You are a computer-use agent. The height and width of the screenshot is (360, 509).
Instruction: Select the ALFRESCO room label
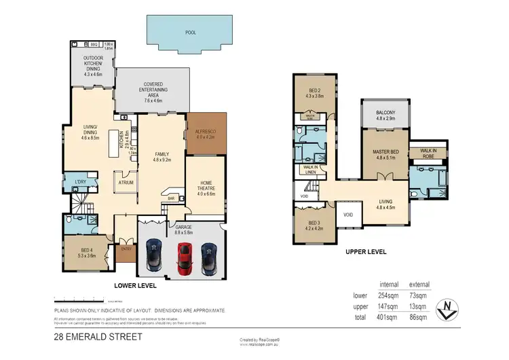click(x=205, y=134)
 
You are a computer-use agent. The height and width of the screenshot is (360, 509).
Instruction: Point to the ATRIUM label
click(x=126, y=182)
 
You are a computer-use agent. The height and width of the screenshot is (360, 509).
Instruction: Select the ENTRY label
click(x=126, y=249)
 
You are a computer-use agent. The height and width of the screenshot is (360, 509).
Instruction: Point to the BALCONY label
click(x=385, y=113)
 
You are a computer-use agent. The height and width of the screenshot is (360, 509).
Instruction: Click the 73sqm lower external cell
click(x=418, y=295)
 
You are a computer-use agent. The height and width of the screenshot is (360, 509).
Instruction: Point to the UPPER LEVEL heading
click(x=366, y=251)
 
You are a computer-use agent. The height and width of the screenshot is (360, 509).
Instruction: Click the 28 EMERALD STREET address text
click(x=90, y=335)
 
